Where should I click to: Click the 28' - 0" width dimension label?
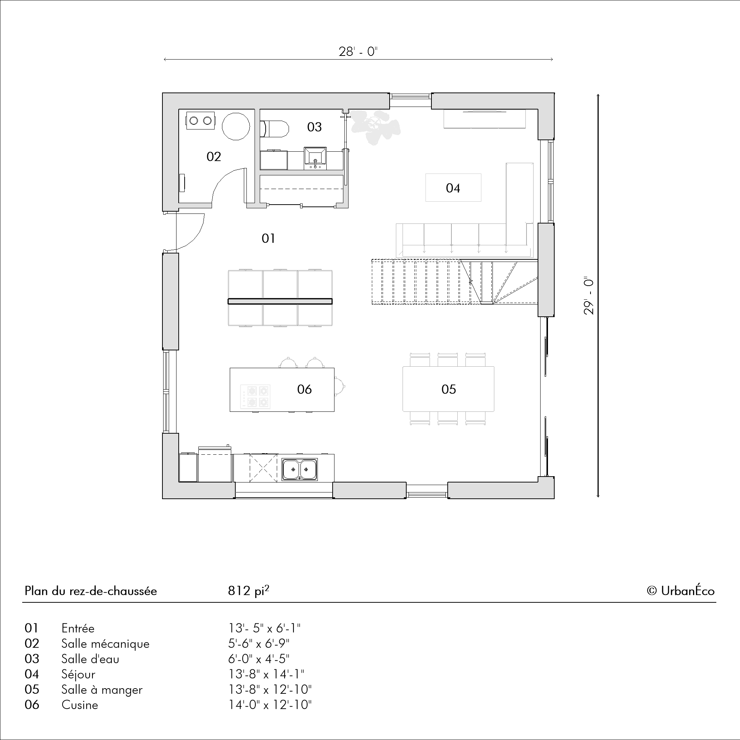point(358,52)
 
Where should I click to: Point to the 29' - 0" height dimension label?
point(589,296)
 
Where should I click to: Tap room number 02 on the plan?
point(214,156)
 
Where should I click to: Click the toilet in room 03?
point(274,129)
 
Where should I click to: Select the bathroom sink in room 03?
point(315,158)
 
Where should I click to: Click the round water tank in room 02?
point(236,126)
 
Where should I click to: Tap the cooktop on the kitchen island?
point(255,396)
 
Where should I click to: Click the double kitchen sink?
point(300,470)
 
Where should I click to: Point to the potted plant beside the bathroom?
point(375,127)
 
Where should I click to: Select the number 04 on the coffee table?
point(453,188)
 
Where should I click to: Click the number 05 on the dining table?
point(448,390)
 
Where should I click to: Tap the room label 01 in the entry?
point(268,239)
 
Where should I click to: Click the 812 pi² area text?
point(249,591)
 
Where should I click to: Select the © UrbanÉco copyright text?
point(681,591)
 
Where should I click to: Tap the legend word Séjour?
point(78,674)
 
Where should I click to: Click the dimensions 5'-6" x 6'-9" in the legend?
point(259,643)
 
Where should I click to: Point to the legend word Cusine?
point(80,705)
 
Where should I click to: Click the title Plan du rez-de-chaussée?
point(91,591)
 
